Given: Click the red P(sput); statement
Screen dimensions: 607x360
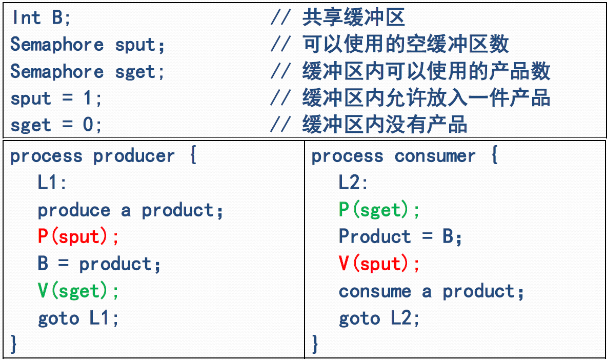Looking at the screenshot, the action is click(78, 237).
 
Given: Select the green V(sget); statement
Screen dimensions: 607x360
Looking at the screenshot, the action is click(78, 291).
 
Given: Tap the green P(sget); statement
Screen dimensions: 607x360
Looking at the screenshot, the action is click(379, 210).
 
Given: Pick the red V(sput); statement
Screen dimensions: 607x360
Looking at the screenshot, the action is click(379, 264).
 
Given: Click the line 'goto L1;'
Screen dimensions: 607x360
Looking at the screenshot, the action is click(78, 318).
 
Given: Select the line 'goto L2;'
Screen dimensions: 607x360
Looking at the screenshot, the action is click(379, 318).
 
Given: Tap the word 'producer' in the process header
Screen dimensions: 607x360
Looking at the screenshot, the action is click(134, 156).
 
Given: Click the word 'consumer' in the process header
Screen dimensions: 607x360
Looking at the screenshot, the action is click(435, 156).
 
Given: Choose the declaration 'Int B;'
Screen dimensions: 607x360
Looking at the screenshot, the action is click(42, 18).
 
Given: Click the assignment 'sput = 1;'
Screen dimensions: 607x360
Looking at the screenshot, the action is click(56, 98).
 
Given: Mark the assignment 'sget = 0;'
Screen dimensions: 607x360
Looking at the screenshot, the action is click(56, 125).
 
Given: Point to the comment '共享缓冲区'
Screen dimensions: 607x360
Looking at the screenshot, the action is click(354, 18).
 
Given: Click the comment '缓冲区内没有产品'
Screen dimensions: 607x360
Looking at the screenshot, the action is click(385, 125).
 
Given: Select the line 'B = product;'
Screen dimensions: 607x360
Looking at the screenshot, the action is click(99, 264).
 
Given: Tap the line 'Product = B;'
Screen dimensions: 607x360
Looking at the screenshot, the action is click(400, 237).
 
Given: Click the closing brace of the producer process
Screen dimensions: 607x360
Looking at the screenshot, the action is click(14, 344).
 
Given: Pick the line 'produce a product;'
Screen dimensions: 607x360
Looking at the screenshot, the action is click(131, 210).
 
